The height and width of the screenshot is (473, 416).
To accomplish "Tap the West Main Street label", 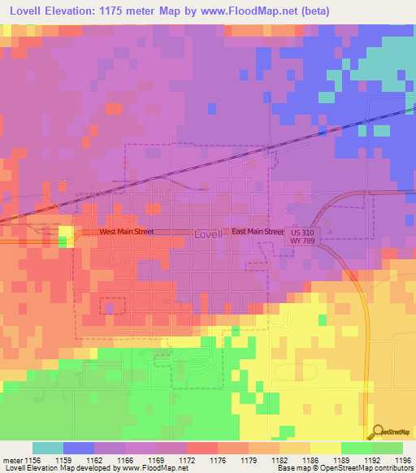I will tap(126, 232).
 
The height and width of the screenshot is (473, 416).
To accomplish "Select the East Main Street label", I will tap(258, 232).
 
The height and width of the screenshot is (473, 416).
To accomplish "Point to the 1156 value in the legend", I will tap(32, 459).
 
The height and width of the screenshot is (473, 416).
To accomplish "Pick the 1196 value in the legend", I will tap(402, 459).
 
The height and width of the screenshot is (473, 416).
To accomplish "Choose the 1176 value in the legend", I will tap(218, 459).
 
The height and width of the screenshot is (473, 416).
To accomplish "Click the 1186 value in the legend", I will tap(310, 459).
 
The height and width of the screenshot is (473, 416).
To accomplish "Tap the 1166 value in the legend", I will tap(125, 459).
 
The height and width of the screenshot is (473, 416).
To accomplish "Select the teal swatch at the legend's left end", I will tap(48, 448).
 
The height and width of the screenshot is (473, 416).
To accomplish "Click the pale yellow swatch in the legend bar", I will tap(325, 448).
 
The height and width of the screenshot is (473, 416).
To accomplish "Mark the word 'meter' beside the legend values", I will tap(11, 459).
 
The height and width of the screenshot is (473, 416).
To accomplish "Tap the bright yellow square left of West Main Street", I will tap(65, 236).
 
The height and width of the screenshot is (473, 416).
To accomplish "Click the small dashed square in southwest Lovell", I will tap(113, 306).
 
